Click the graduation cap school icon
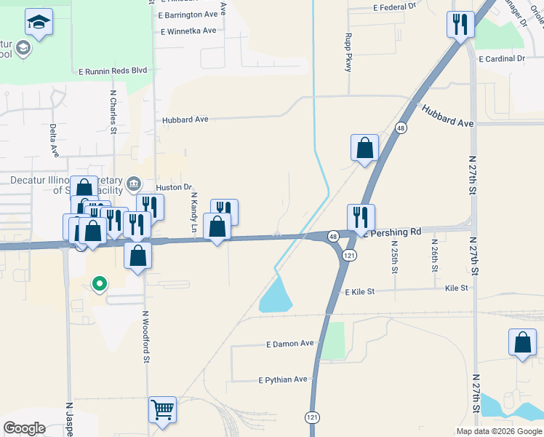click(x=39, y=23)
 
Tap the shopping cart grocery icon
click(x=162, y=409)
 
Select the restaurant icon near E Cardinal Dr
click(x=460, y=25)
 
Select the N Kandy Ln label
click(x=194, y=213)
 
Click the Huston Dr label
click(x=173, y=187)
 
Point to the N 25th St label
click(x=395, y=256)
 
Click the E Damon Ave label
click(x=289, y=343)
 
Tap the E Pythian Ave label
click(x=283, y=379)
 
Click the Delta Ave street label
click(x=54, y=140)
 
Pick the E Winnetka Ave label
click(x=189, y=31)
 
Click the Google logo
click(x=24, y=428)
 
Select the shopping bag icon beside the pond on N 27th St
click(x=523, y=343)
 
